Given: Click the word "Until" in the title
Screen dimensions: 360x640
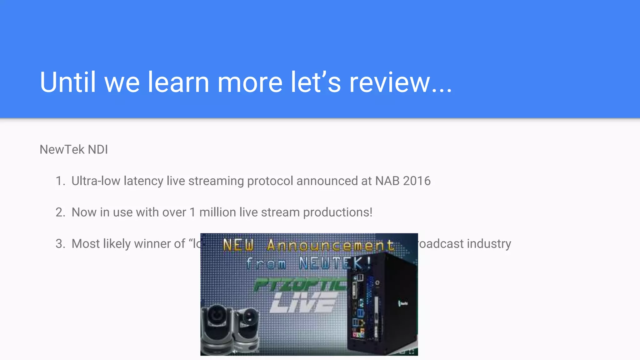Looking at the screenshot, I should (67, 82).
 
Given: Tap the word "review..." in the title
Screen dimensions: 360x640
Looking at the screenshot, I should (400, 82).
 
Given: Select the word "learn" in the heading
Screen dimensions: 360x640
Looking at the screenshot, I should (178, 82).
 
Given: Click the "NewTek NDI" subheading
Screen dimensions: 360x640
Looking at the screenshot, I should (74, 150).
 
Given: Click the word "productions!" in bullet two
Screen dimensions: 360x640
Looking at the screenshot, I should (337, 212).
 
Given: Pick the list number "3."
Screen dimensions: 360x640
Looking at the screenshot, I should (60, 244).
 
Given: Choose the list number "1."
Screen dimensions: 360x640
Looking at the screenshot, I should (60, 181).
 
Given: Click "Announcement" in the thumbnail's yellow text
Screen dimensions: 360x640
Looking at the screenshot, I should (330, 245).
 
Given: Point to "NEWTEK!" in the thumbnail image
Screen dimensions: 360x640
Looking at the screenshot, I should (334, 263).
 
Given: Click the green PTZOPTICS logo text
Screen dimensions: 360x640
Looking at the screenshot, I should (300, 284).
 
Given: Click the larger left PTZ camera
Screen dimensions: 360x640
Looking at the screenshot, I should (217, 328).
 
